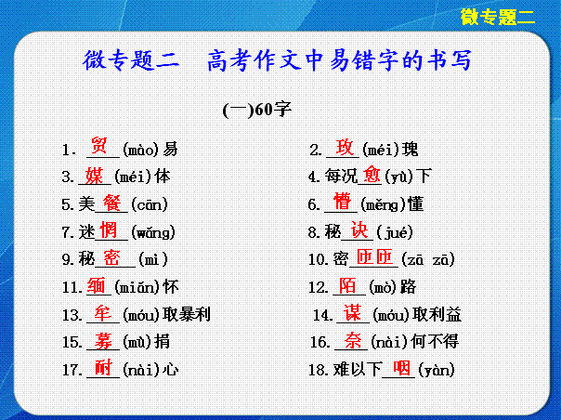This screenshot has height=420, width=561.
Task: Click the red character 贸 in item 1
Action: [x=98, y=145]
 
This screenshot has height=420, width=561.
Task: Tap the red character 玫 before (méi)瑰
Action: [x=345, y=147]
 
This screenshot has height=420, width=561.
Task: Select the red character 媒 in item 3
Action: [x=94, y=176]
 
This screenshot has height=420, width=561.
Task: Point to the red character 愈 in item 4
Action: [x=372, y=175]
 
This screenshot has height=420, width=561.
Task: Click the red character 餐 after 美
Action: [x=112, y=203]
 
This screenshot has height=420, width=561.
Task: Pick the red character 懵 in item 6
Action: [x=342, y=202]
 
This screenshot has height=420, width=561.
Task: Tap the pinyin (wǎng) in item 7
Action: [x=153, y=232]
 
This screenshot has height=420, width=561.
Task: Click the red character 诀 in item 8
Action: [x=359, y=230]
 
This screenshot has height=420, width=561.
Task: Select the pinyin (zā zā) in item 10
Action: [x=428, y=259]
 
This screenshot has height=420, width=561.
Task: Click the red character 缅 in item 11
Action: [x=96, y=285]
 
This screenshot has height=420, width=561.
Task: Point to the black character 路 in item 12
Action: [x=409, y=287]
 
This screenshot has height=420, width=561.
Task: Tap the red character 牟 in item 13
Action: [x=103, y=314]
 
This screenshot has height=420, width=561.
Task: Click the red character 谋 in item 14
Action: [x=352, y=312]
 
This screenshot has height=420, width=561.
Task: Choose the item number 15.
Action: [x=71, y=343]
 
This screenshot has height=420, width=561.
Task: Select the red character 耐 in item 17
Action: [x=104, y=368]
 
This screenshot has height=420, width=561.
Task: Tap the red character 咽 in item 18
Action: [x=401, y=368]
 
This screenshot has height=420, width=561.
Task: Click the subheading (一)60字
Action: [x=257, y=110]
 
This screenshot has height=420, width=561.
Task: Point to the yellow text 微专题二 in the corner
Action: [x=498, y=17]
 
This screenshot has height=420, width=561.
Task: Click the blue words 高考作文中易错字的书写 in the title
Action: [x=339, y=59]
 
